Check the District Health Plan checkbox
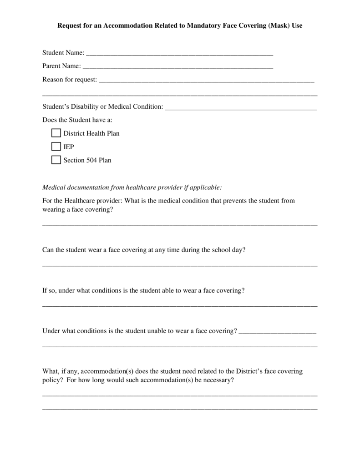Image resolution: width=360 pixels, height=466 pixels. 56,133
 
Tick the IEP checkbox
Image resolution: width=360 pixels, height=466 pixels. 56,147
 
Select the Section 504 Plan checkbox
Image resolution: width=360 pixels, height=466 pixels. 56,160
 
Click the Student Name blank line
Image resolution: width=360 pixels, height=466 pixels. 179,54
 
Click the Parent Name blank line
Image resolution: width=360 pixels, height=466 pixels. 177,67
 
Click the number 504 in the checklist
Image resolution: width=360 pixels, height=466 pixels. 91,160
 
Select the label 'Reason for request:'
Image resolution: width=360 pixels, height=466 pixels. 70,80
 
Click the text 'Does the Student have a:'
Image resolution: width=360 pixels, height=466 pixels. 77,120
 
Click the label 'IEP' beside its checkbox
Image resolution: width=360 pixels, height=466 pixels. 69,147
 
